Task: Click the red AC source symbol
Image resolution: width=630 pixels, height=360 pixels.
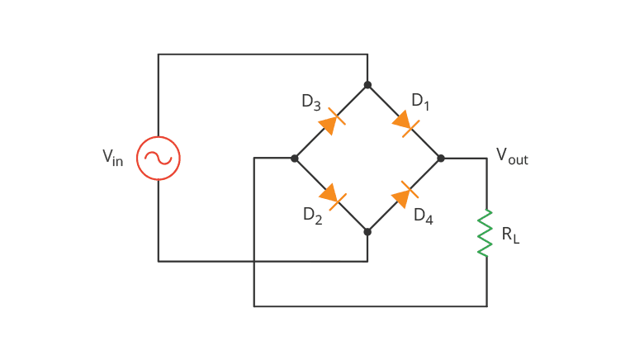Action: (159, 158)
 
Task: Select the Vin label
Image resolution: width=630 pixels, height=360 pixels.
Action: (112, 158)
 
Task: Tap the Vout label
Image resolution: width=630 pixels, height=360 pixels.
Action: (511, 156)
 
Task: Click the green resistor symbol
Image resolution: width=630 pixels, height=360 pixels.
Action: (486, 232)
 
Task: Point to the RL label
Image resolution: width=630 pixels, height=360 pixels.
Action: (510, 234)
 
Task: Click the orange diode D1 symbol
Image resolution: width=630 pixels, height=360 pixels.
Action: (404, 122)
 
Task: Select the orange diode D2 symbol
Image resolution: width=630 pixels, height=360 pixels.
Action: (330, 195)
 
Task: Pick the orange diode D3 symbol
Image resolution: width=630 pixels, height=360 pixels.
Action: (330, 122)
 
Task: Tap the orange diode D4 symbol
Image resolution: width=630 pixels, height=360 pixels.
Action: (404, 195)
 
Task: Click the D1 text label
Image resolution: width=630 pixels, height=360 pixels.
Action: (420, 102)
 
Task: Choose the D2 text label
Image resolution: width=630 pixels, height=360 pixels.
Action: (312, 216)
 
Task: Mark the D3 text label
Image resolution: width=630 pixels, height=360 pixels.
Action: (310, 102)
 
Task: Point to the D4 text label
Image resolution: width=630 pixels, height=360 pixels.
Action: (423, 216)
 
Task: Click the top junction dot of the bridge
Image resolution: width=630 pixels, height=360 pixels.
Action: (367, 85)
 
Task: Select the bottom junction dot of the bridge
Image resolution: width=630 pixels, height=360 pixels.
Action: (367, 232)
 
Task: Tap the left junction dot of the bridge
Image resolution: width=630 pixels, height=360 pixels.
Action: (295, 158)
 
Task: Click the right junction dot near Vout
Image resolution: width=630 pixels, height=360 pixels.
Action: (441, 158)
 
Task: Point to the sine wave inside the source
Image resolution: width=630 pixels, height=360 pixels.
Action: (159, 158)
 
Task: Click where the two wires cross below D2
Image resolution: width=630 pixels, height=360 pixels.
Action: (254, 262)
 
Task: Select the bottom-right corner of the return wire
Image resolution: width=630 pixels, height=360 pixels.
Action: (486, 306)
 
